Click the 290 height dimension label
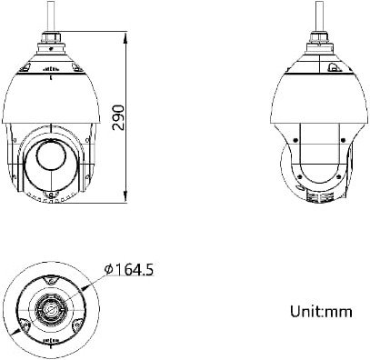118,117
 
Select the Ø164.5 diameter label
129,269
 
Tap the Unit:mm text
321,311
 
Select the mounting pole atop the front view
51,15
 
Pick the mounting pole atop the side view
319,15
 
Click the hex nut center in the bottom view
50,309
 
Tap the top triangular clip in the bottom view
50,281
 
